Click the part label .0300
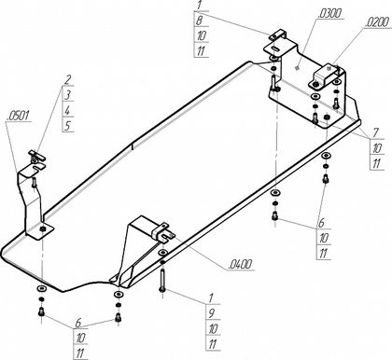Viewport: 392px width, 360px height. (329, 14)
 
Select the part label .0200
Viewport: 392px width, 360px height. (377, 22)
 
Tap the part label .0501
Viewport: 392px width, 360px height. (19, 116)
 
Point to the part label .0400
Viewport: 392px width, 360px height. (240, 265)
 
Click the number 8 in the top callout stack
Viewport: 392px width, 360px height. (200, 21)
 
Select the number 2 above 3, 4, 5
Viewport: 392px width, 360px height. (67, 80)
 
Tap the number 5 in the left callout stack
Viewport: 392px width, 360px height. (68, 126)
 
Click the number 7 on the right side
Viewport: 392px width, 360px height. (375, 132)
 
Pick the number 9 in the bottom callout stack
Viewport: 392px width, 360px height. (212, 313)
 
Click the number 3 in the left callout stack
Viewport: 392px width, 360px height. (68, 95)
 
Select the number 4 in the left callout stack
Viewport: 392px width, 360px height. (68, 110)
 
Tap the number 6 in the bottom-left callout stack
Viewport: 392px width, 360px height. (78, 323)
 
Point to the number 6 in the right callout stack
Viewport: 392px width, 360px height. (321, 223)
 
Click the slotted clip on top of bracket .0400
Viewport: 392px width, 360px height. (163, 232)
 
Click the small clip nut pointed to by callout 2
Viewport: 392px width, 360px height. (37, 156)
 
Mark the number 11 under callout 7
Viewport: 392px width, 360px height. (376, 163)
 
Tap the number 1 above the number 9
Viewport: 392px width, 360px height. (211, 298)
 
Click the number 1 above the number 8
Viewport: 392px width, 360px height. (200, 6)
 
